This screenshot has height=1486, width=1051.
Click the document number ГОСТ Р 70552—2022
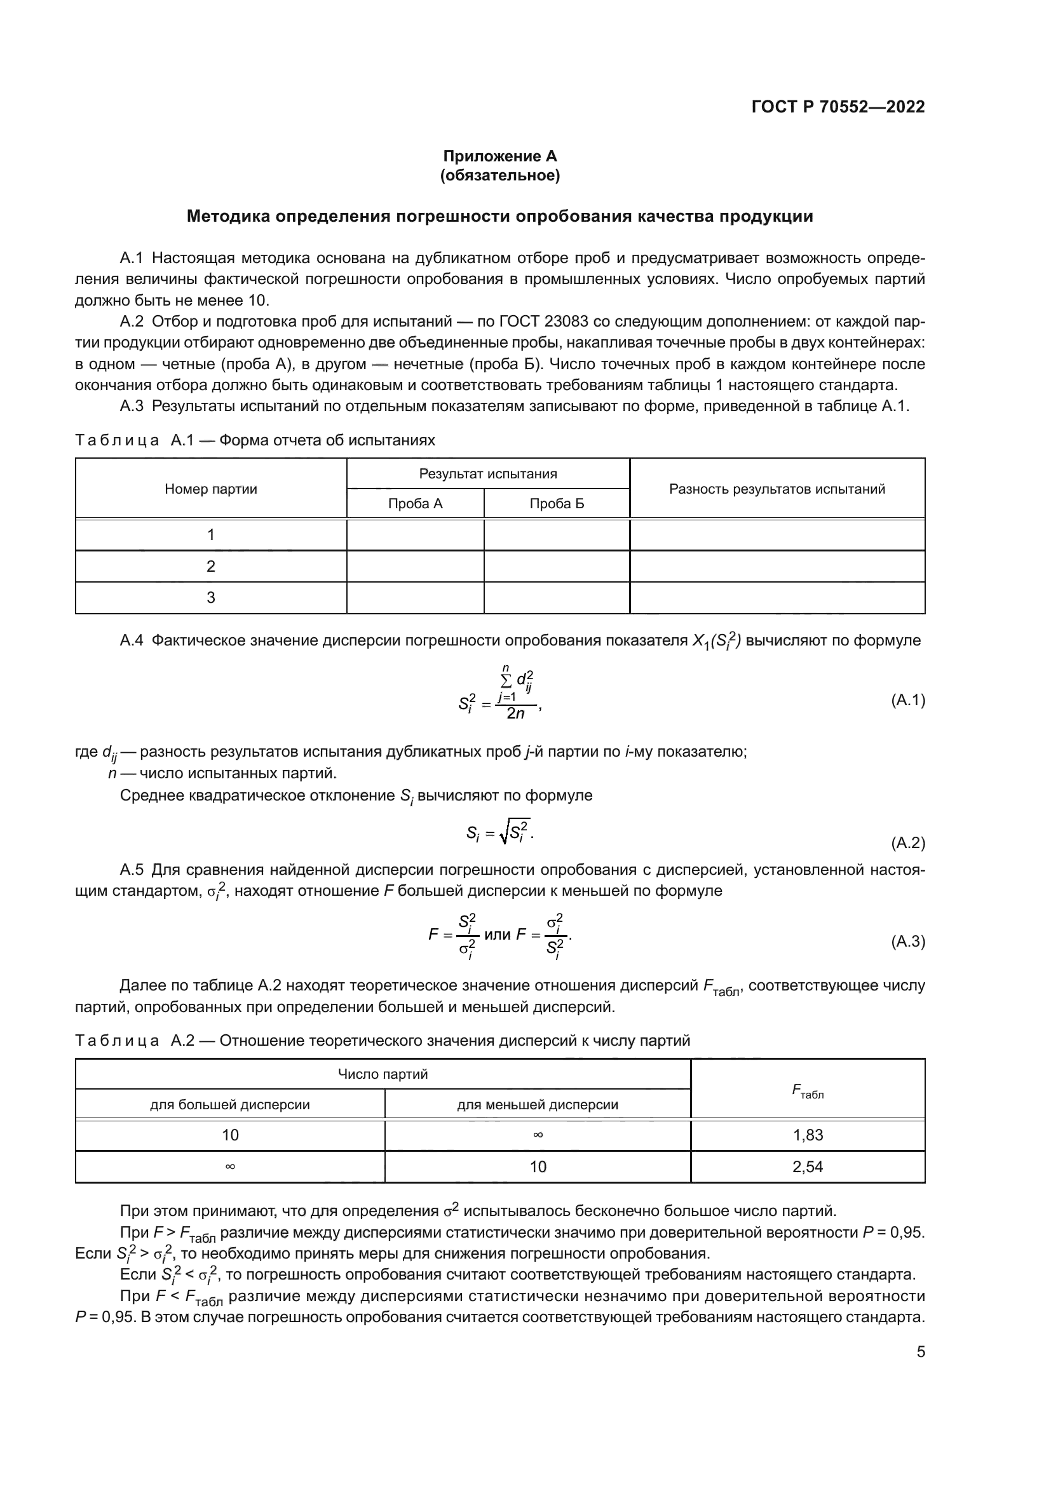tap(837, 107)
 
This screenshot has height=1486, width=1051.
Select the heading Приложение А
tap(499, 156)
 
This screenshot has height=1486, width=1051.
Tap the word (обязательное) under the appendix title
tap(499, 175)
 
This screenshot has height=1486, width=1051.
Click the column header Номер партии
tap(211, 489)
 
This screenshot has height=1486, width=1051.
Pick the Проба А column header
tap(415, 504)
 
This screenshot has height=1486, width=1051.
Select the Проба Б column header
tap(557, 504)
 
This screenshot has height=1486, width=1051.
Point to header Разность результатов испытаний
tap(776, 489)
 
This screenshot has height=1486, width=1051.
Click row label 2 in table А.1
tap(211, 566)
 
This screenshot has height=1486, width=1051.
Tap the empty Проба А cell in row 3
tap(415, 597)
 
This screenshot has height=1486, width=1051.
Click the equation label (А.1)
tap(908, 699)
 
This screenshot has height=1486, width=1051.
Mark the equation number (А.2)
tap(908, 842)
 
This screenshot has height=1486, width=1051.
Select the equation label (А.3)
tap(908, 941)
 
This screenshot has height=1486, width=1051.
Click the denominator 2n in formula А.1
tap(516, 714)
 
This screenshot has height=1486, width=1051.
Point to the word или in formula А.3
tap(497, 935)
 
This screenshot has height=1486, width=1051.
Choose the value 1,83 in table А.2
tap(808, 1135)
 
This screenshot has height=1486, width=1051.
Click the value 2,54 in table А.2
tap(808, 1166)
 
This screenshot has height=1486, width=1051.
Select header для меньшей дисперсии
tap(537, 1105)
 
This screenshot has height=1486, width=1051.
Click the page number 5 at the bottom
tap(920, 1351)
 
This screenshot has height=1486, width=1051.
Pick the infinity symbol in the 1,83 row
tap(537, 1135)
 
